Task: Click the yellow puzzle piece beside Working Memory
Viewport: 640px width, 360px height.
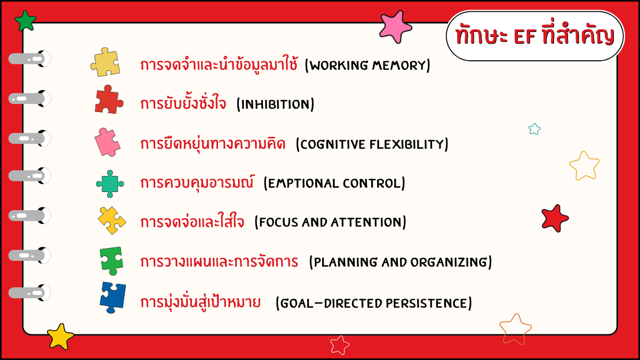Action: (105, 62)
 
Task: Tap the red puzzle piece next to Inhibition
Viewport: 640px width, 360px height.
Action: (109, 99)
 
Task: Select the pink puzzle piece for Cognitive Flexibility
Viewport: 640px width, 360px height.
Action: (107, 142)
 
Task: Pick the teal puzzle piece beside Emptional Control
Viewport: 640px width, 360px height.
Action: (110, 183)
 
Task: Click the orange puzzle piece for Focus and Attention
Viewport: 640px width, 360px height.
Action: (111, 220)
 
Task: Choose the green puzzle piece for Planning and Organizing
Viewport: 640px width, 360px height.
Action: (111, 261)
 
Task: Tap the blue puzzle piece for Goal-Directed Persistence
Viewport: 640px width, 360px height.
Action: (113, 298)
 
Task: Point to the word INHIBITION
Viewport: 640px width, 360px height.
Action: (275, 105)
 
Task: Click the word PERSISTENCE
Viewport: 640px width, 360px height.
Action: (427, 303)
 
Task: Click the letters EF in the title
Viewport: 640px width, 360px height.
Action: (525, 37)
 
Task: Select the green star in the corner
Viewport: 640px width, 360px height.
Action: (26, 21)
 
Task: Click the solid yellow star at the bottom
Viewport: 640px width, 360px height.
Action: (60, 337)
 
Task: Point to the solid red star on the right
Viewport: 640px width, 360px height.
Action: (555, 218)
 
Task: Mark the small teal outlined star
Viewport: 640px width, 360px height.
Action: (534, 129)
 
